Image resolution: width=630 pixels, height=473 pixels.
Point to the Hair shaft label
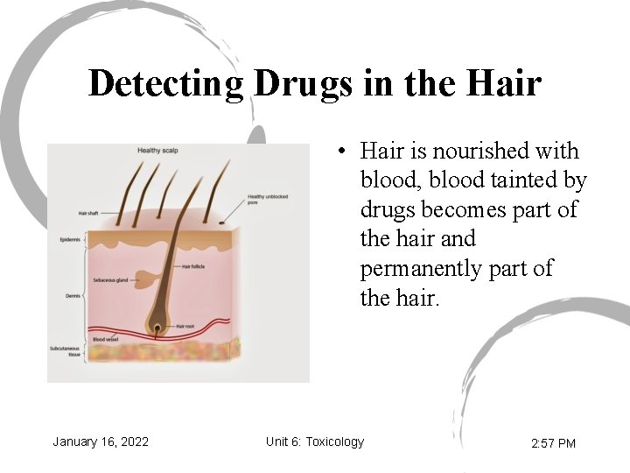click(x=88, y=213)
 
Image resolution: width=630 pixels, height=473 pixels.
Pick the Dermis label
click(x=72, y=296)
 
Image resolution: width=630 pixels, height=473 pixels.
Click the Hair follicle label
click(x=193, y=265)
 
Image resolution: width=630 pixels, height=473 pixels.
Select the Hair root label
click(x=185, y=326)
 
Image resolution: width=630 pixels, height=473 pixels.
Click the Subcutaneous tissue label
click(x=65, y=351)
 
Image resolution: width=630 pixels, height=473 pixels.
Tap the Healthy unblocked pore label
click(x=267, y=200)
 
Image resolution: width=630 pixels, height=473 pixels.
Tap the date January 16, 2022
click(x=101, y=441)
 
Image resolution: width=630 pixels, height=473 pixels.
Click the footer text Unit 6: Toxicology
click(x=315, y=441)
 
